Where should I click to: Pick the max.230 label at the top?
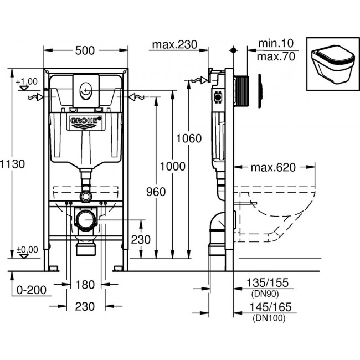(x=175, y=45)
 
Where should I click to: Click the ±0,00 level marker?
(x=27, y=250)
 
